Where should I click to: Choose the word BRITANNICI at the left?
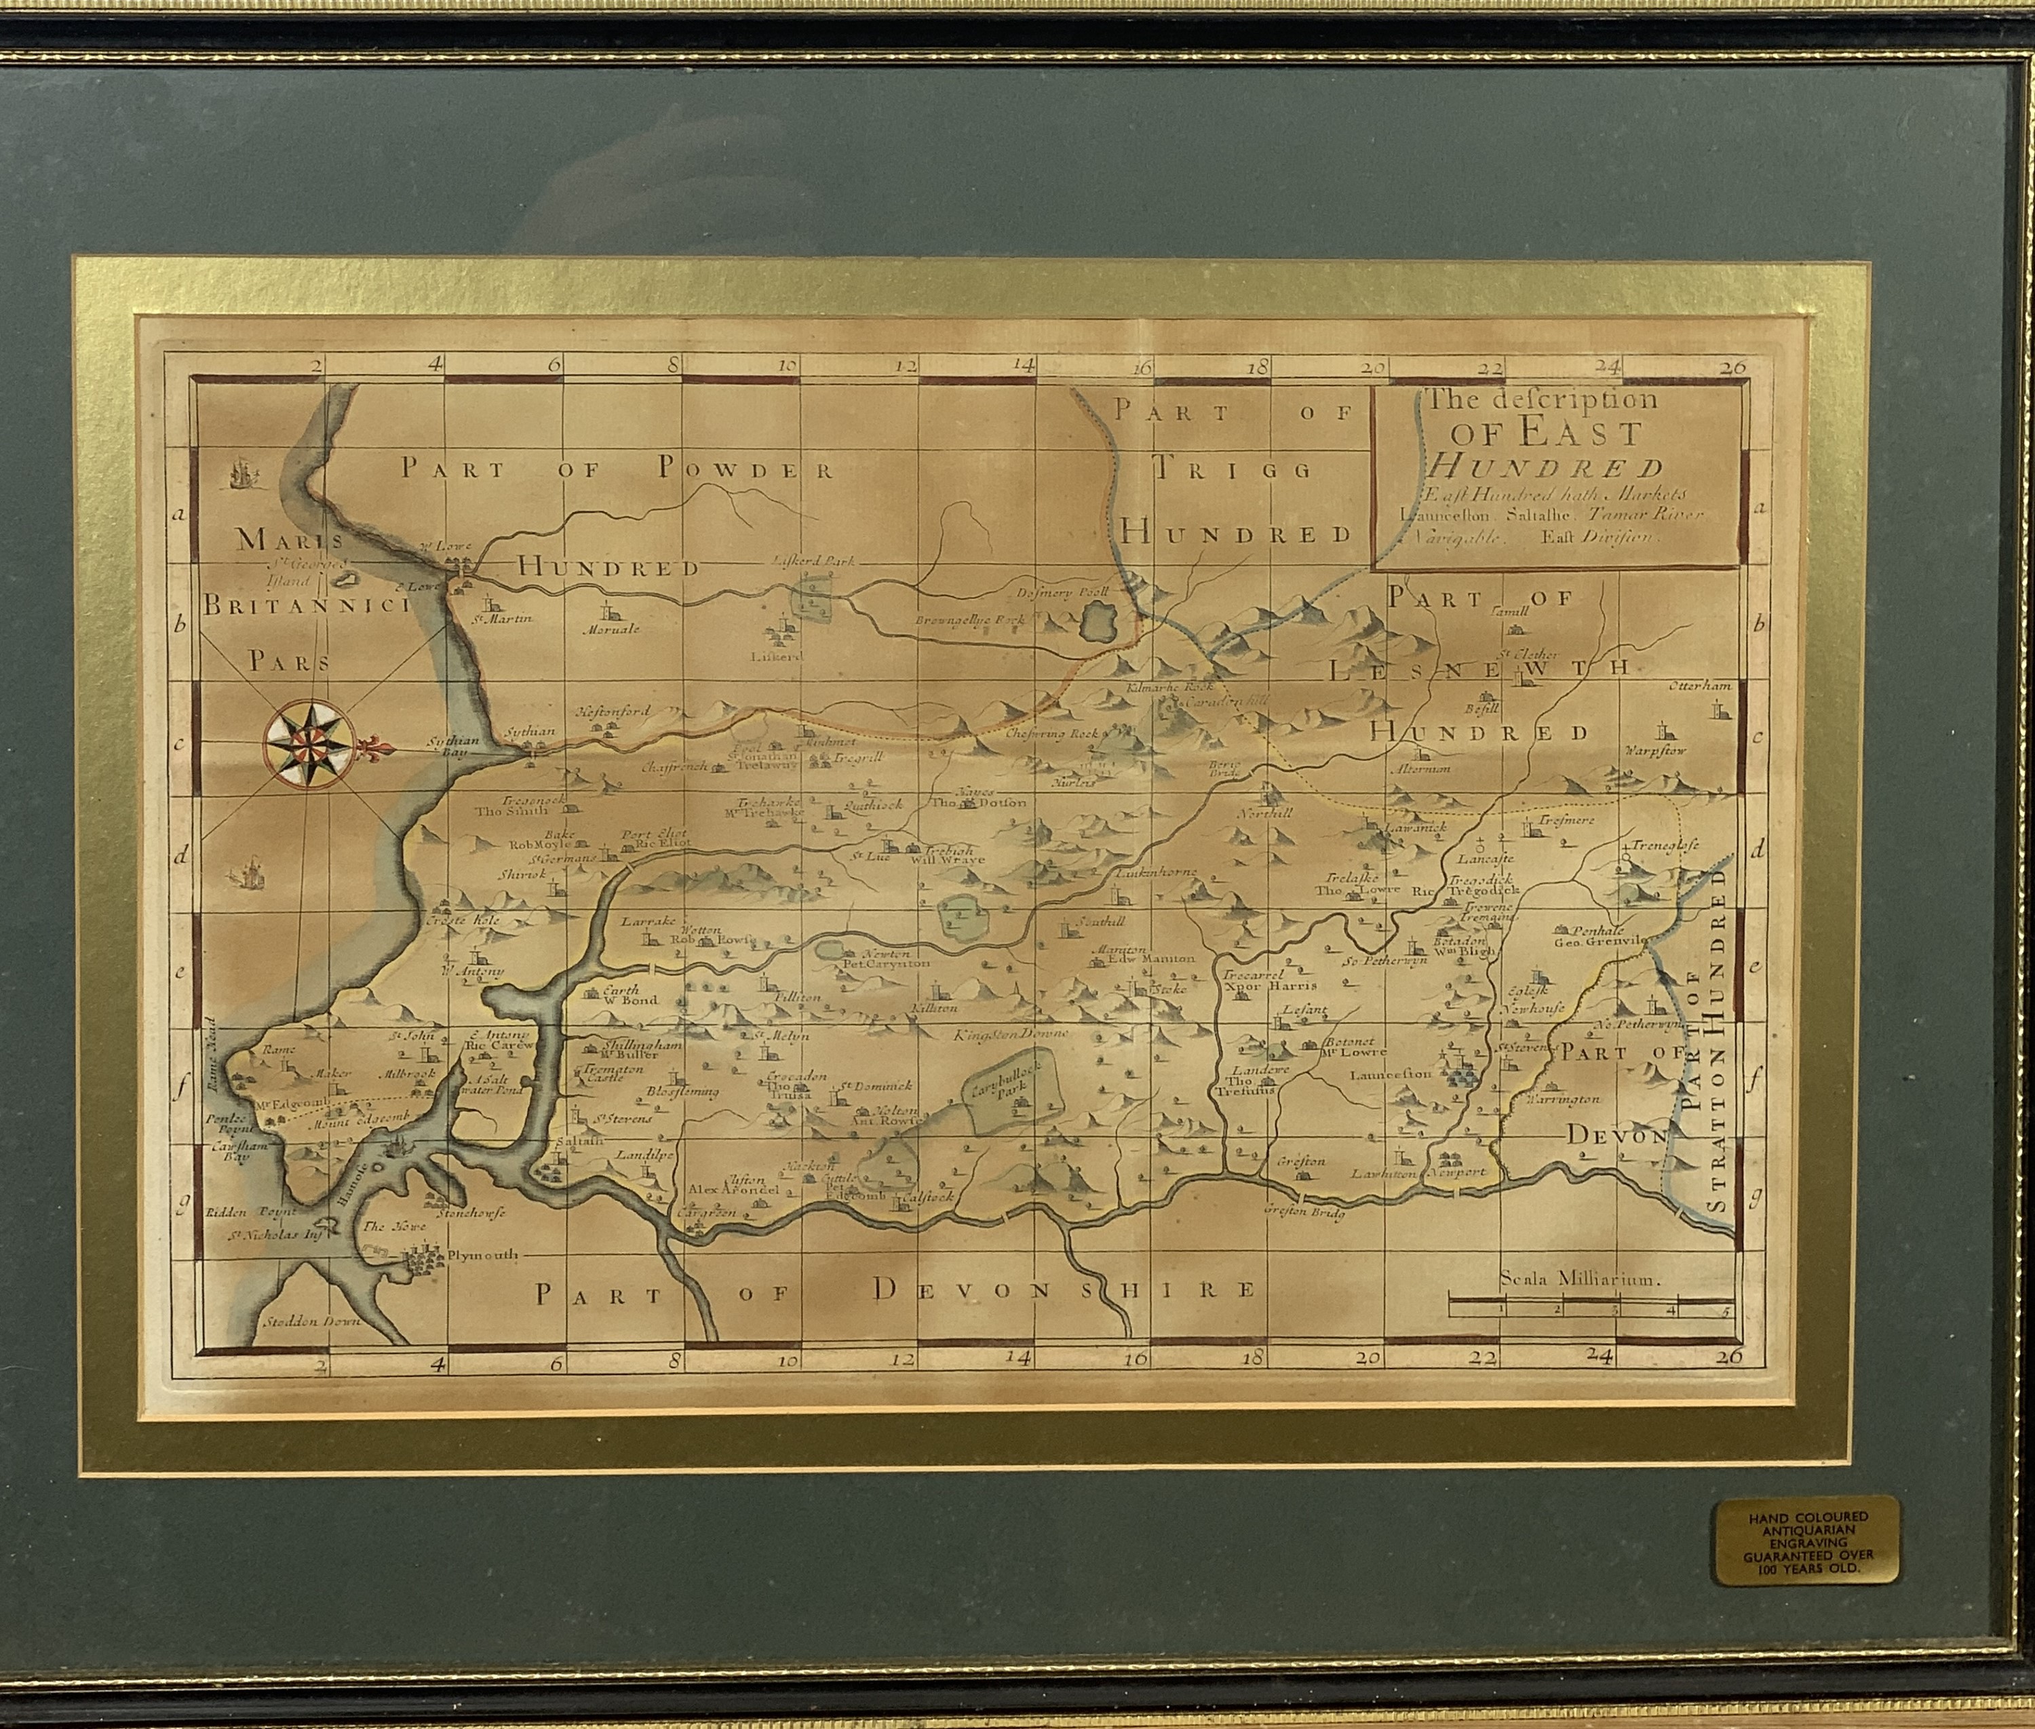pos(304,606)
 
